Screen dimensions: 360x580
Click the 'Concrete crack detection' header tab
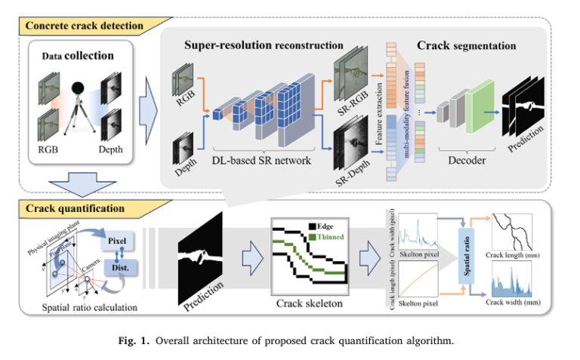[x=84, y=26]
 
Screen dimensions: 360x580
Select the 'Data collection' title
[x=79, y=56]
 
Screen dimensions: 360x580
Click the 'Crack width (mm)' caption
[x=514, y=303]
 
